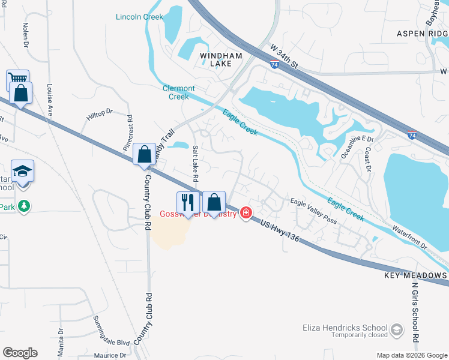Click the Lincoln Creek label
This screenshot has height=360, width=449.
(x=139, y=17)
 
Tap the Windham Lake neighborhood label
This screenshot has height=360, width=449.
(x=220, y=59)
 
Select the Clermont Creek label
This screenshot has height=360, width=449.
(x=179, y=92)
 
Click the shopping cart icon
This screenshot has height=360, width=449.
(x=17, y=79)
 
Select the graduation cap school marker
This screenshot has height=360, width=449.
(x=23, y=170)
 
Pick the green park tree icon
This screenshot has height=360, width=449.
(x=24, y=206)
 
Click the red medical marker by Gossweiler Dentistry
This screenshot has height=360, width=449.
(x=246, y=213)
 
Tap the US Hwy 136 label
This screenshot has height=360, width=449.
(x=279, y=230)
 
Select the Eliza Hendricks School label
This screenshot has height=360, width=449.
(x=345, y=328)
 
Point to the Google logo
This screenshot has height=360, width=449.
(x=20, y=353)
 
